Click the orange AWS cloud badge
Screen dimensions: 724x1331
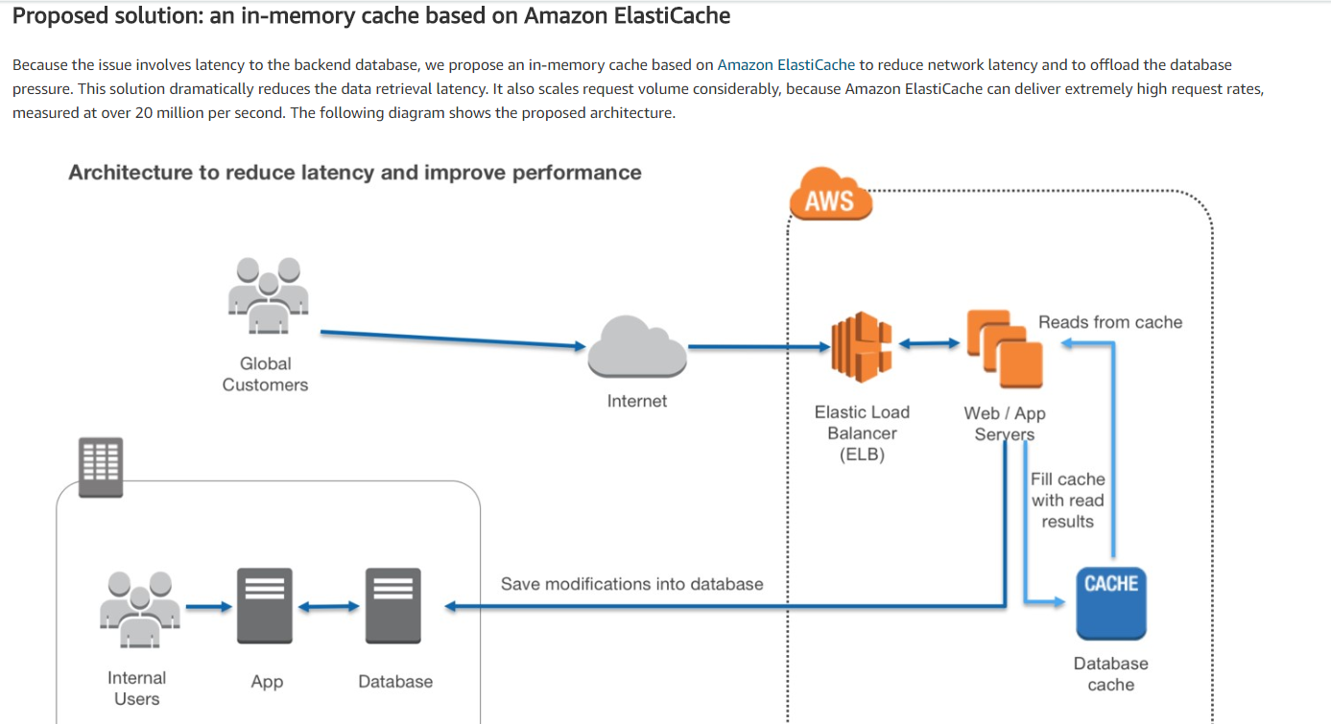click(830, 199)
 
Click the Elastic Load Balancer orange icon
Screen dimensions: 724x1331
click(861, 344)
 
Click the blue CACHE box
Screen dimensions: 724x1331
click(1111, 602)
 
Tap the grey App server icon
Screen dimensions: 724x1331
click(264, 606)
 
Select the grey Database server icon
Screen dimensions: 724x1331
click(392, 606)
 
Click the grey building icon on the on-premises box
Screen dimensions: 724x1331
click(101, 468)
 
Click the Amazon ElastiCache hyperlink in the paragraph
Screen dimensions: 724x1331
click(786, 65)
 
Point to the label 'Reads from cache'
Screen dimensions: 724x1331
click(1110, 322)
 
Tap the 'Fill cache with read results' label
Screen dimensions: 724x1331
click(1067, 500)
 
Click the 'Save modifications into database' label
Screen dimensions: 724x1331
click(631, 583)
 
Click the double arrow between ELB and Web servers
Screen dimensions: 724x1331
click(927, 344)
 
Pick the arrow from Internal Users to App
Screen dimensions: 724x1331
click(208, 606)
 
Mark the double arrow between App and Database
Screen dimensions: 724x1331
click(328, 606)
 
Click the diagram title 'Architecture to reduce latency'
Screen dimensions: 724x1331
click(355, 173)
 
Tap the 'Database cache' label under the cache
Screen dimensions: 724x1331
click(1110, 673)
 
